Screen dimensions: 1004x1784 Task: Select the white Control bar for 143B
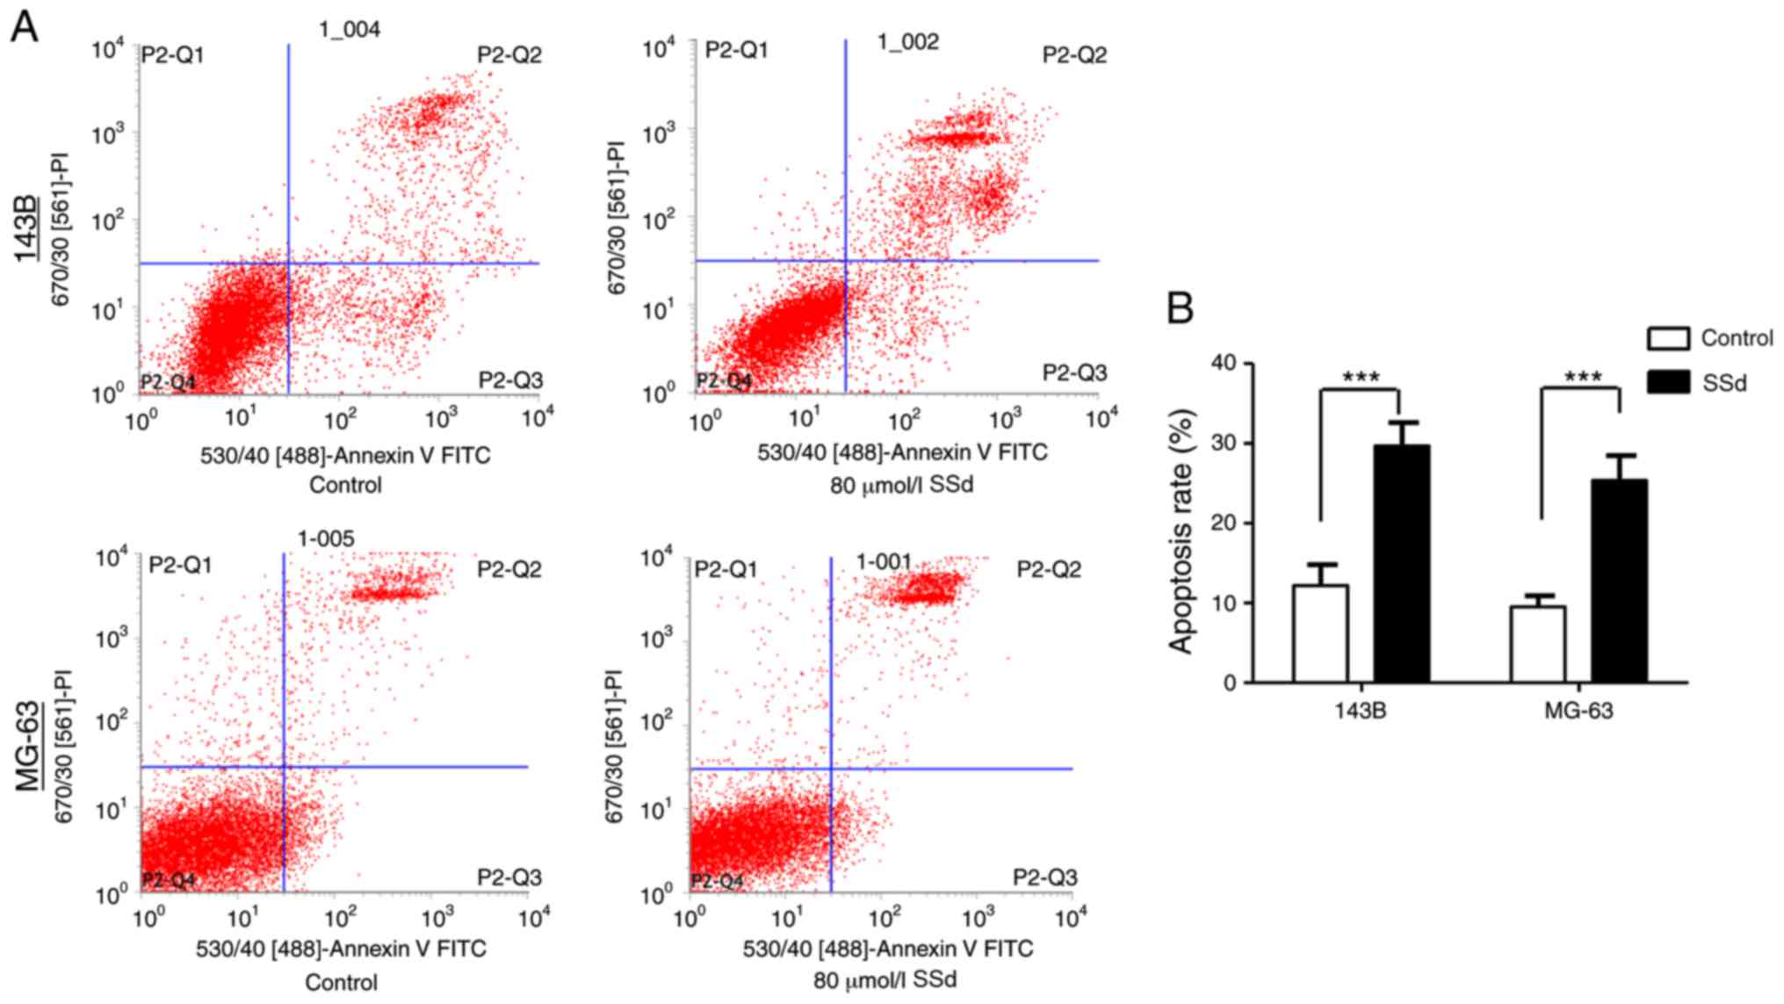[1320, 633]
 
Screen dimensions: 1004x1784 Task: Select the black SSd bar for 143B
[1402, 564]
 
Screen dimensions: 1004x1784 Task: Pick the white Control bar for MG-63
[1538, 644]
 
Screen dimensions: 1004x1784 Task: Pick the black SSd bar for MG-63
[1620, 581]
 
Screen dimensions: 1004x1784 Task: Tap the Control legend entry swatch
[1668, 338]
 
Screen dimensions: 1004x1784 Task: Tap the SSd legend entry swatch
[1668, 382]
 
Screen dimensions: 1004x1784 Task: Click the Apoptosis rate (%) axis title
[1181, 531]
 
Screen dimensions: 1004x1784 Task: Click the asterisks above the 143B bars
[1361, 378]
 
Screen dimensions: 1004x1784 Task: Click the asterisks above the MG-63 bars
[1583, 378]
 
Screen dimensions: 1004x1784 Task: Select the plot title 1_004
[350, 30]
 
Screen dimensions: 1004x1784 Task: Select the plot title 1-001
[884, 561]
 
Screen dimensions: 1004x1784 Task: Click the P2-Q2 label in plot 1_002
[1074, 55]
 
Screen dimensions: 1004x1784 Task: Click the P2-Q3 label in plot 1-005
[509, 878]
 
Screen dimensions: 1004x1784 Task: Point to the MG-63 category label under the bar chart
[1578, 710]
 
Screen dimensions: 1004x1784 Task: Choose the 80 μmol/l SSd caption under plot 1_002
[901, 485]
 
